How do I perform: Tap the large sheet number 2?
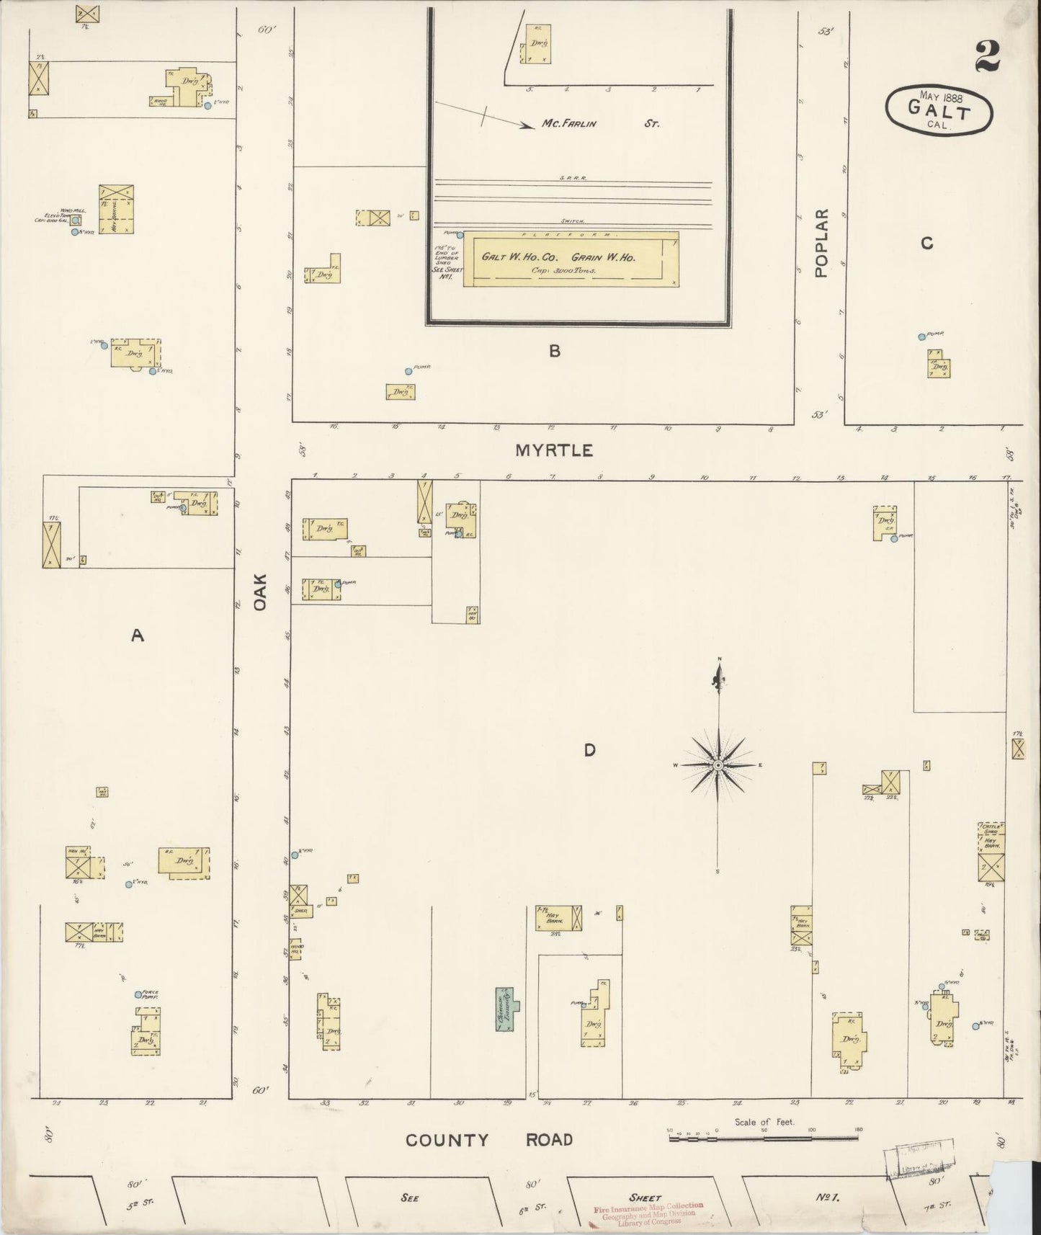pos(988,56)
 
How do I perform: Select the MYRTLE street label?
pos(554,451)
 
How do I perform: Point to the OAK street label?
pos(260,592)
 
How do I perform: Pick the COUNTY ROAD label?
pos(489,1140)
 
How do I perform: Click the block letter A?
pos(137,635)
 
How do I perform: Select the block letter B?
pos(554,352)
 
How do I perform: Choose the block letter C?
pos(926,244)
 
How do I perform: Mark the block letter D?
pos(589,751)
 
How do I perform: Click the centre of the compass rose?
pos(718,764)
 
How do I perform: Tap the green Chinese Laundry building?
pos(506,1008)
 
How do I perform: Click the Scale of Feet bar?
pos(764,1138)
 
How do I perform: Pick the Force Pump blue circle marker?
pos(138,994)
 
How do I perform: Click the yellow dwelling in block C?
pos(939,365)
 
